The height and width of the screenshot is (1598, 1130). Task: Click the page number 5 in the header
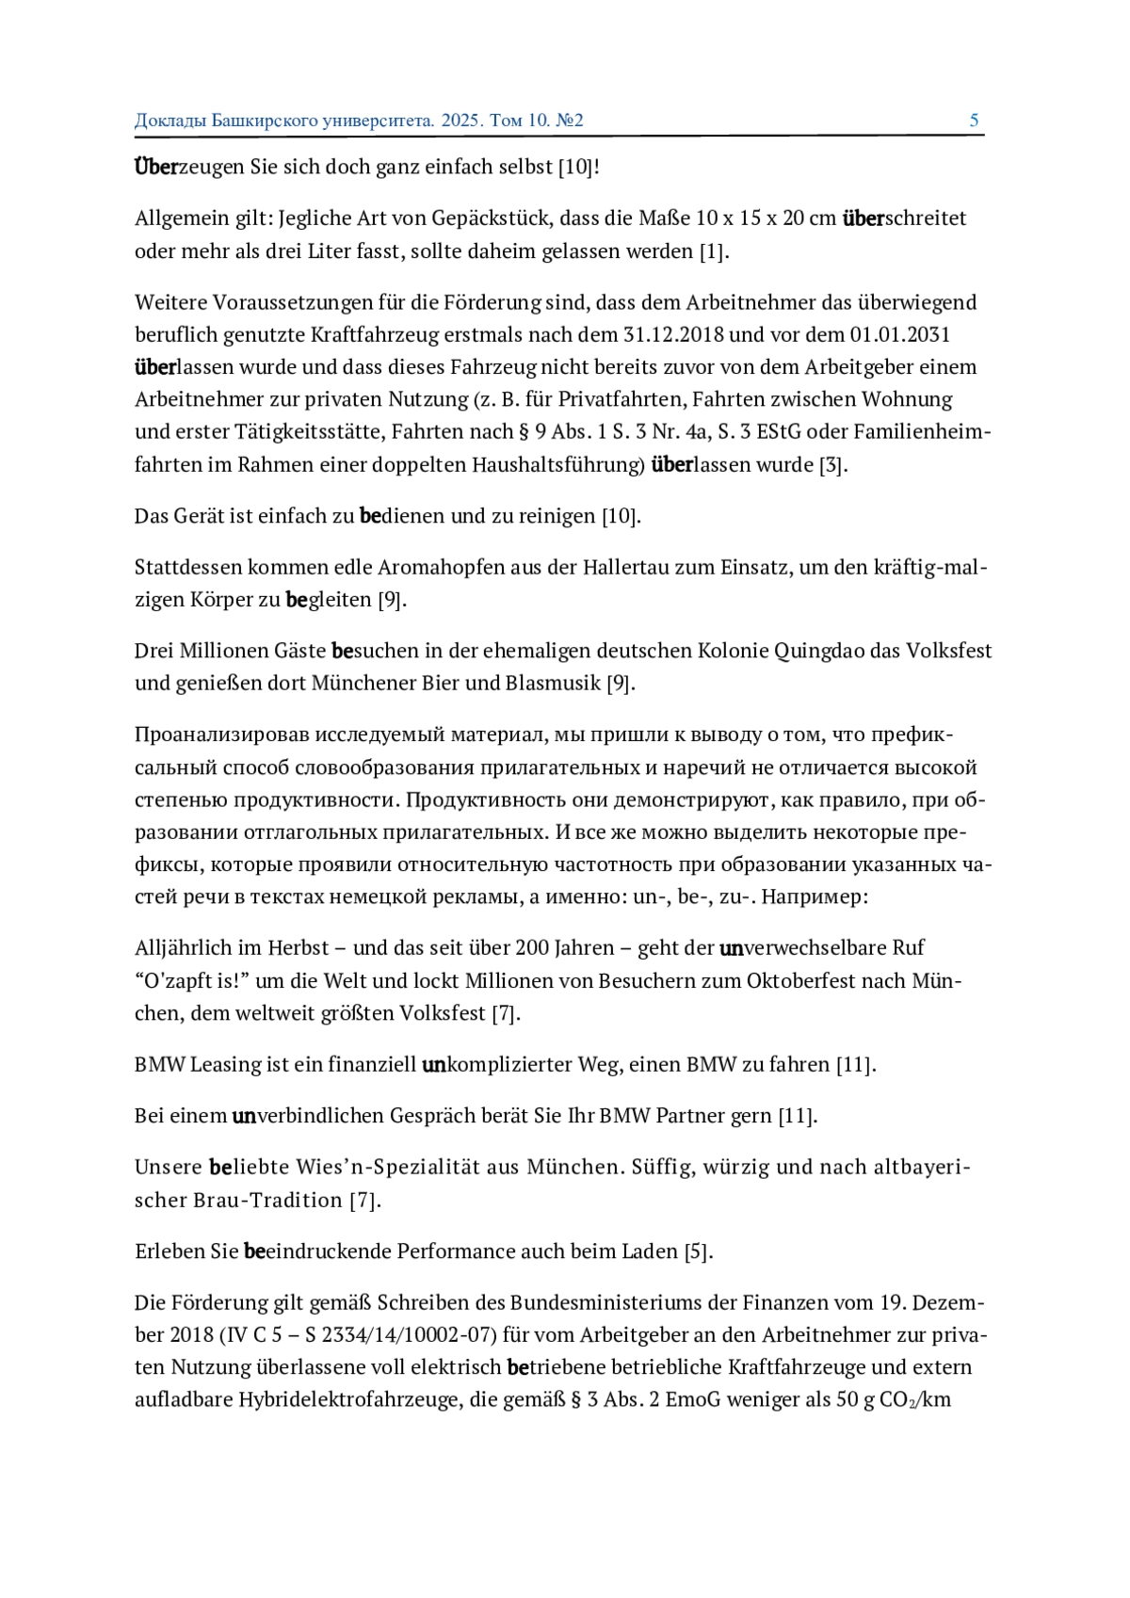[974, 121]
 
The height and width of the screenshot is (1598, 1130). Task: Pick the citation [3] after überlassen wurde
[832, 465]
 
